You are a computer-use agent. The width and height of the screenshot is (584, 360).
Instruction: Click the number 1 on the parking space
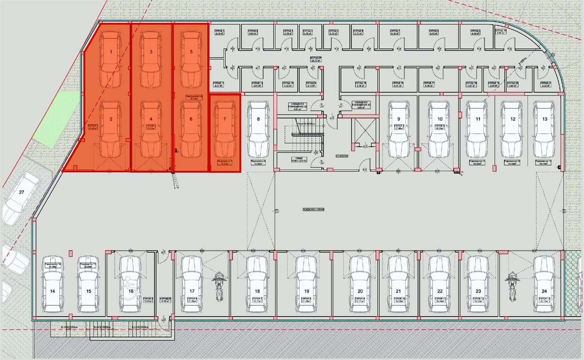click(111, 52)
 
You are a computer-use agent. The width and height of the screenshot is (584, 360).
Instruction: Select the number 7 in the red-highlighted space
click(224, 119)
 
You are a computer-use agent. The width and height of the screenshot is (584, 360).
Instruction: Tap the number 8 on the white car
click(258, 119)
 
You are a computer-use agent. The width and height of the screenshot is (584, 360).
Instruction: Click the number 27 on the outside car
click(21, 192)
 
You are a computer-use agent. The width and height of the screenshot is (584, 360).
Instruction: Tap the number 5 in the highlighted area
click(191, 52)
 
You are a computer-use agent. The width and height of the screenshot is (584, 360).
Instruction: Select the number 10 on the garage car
click(439, 119)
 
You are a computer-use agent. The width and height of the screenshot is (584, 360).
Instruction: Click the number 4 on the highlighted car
click(151, 119)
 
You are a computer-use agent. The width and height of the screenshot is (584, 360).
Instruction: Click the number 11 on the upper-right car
click(478, 119)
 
